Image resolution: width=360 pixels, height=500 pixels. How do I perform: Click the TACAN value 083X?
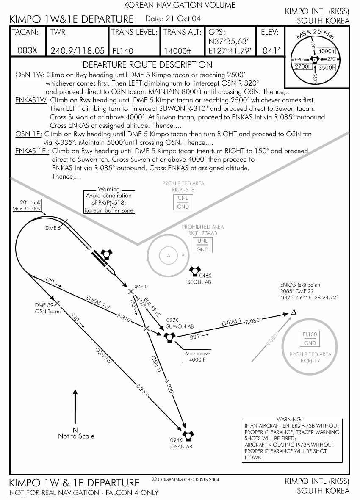click(28, 51)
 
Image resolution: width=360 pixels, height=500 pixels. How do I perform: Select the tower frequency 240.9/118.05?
click(77, 51)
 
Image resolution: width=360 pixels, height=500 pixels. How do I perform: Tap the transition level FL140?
click(123, 51)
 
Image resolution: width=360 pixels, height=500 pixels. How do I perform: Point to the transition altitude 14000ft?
click(177, 51)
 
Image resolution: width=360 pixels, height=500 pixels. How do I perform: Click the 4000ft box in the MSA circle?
click(326, 51)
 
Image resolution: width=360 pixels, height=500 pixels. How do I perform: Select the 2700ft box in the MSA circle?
click(303, 66)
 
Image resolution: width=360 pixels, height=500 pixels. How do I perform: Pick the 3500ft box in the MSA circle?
click(327, 67)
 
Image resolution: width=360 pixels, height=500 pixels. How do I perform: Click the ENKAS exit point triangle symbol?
click(294, 312)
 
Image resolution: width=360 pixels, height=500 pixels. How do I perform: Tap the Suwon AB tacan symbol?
click(169, 337)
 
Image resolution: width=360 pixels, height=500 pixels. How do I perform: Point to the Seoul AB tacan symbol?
click(194, 271)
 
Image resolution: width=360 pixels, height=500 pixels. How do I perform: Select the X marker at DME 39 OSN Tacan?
click(57, 303)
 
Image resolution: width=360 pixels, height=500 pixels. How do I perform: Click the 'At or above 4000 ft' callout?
click(197, 356)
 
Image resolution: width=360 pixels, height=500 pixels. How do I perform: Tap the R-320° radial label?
click(142, 390)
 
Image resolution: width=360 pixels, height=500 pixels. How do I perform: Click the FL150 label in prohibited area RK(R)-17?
click(310, 334)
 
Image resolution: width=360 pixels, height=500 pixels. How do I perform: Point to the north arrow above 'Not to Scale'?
click(75, 406)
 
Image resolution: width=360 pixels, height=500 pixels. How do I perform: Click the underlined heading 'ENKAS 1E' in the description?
click(32, 151)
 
